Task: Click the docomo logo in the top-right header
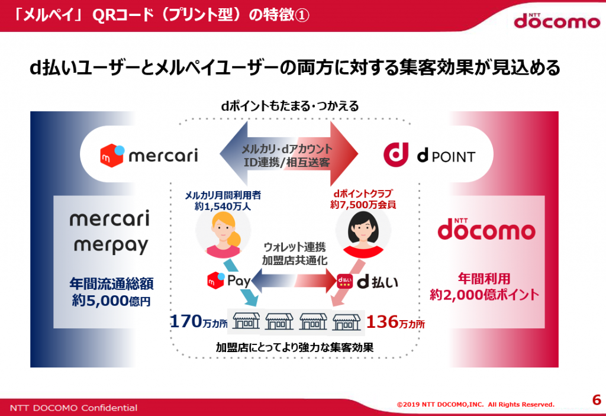coord(557,21)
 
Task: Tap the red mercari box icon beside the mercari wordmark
coord(112,156)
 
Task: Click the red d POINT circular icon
coord(396,154)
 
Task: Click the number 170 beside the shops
coord(186,321)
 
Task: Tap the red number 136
coord(382,321)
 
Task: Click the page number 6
coord(597,399)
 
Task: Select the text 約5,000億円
coord(111,301)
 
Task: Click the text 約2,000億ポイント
coord(484,295)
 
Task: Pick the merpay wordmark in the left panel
coord(111,245)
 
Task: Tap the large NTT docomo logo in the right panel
coord(486,228)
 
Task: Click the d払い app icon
coord(344,281)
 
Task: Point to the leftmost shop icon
coord(246,321)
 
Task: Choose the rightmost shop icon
coord(347,321)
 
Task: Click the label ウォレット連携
coord(295,247)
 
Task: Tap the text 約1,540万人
coord(223,206)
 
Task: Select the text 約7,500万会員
coord(363,205)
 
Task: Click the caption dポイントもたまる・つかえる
coord(290,105)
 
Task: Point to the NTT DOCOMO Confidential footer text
coord(73,408)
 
